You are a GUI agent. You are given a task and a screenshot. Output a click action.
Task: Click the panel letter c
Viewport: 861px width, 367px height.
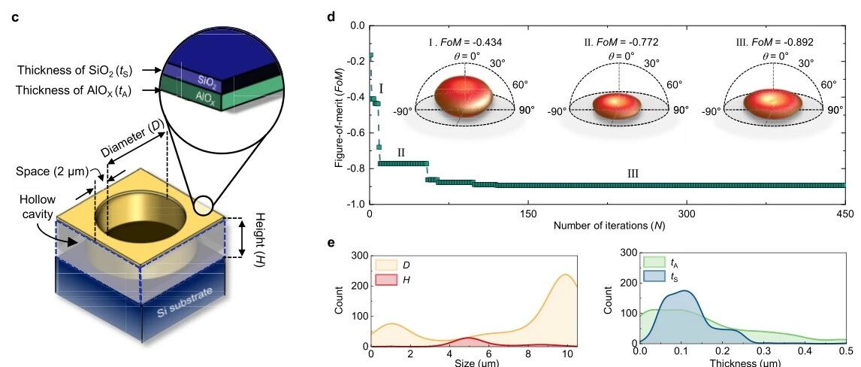coord(15,17)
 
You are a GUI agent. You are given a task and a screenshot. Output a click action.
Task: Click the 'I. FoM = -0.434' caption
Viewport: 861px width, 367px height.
coord(465,42)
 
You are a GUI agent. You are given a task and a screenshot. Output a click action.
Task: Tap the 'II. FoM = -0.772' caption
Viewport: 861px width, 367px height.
coord(621,42)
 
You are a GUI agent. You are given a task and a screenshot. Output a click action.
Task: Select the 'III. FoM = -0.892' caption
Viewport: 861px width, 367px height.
coord(775,42)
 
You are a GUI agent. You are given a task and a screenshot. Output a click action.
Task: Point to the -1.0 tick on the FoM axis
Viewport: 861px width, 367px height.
coord(357,205)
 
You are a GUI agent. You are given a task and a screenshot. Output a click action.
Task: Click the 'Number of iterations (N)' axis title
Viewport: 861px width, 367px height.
coord(607,226)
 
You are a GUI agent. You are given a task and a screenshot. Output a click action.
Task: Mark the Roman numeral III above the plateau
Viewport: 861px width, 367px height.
coord(633,174)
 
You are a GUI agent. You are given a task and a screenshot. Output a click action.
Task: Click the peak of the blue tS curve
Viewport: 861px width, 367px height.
coord(684,290)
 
